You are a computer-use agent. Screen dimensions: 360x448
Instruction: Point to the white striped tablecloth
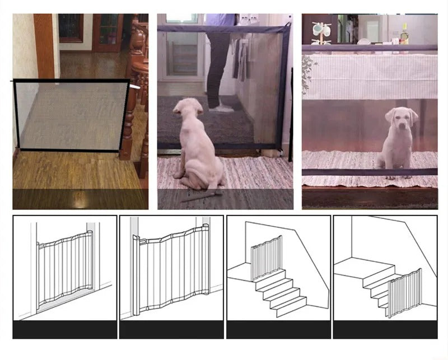click(370, 76)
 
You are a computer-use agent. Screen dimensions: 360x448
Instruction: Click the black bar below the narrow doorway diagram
click(64, 329)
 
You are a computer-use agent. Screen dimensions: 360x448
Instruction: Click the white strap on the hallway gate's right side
click(135, 87)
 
